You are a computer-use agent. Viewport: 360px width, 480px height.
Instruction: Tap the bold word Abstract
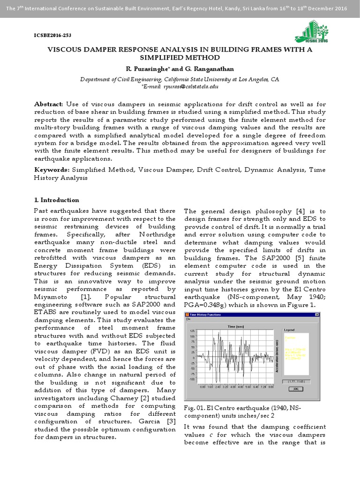tap(49, 103)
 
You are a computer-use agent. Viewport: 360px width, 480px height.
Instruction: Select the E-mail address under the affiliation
tap(180, 87)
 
